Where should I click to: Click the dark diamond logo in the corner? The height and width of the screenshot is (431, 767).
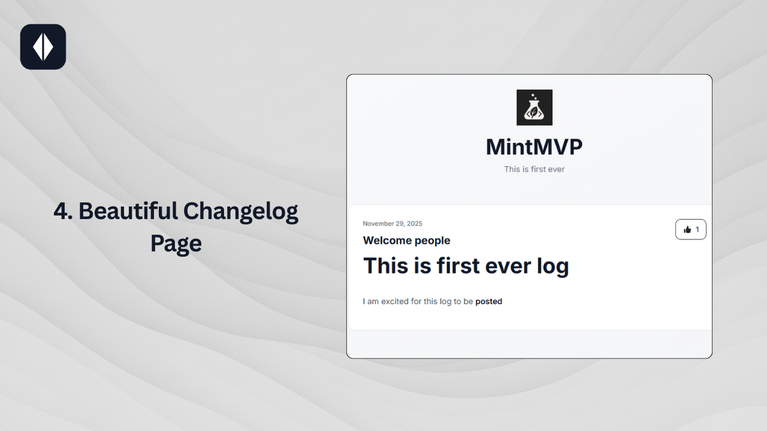pyautogui.click(x=43, y=47)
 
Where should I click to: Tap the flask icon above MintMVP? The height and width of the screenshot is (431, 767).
pyautogui.click(x=535, y=108)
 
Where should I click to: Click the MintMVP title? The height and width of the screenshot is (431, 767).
pyautogui.click(x=534, y=147)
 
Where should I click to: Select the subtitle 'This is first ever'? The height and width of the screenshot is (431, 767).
pyautogui.click(x=534, y=169)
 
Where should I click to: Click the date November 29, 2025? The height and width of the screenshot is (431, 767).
pyautogui.click(x=392, y=224)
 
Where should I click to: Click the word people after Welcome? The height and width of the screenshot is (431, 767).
pyautogui.click(x=430, y=241)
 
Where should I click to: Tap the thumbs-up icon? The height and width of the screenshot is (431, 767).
pyautogui.click(x=687, y=229)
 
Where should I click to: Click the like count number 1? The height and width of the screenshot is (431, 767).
pyautogui.click(x=697, y=229)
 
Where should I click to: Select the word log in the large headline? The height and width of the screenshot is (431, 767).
pyautogui.click(x=552, y=266)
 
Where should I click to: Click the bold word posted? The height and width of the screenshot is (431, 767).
pyautogui.click(x=488, y=302)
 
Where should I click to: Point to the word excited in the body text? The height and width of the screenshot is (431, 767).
pyautogui.click(x=395, y=302)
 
